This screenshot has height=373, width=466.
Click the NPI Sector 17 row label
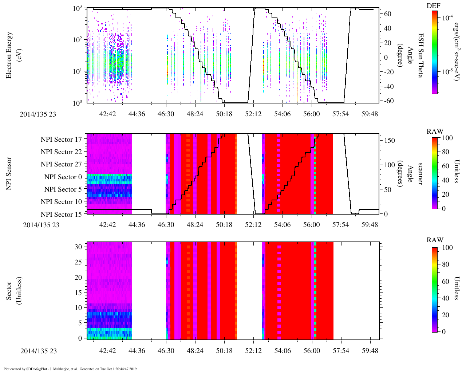click(61, 139)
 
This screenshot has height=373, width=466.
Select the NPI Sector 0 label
click(63, 177)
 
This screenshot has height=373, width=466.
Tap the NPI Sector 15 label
click(61, 215)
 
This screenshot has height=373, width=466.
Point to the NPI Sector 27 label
click(61, 164)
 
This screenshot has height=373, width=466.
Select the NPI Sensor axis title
click(9, 174)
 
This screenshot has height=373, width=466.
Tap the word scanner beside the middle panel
click(420, 174)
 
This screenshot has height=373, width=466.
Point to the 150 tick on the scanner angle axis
click(390, 141)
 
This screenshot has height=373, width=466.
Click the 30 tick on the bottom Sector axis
click(78, 247)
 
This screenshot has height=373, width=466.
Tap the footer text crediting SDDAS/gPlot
click(70, 369)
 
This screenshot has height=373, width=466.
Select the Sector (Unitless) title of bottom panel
click(13, 291)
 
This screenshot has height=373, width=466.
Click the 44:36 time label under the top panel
click(137, 114)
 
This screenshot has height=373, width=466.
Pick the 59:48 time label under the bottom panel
click(370, 350)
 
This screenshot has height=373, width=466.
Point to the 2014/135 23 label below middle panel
click(41, 225)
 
